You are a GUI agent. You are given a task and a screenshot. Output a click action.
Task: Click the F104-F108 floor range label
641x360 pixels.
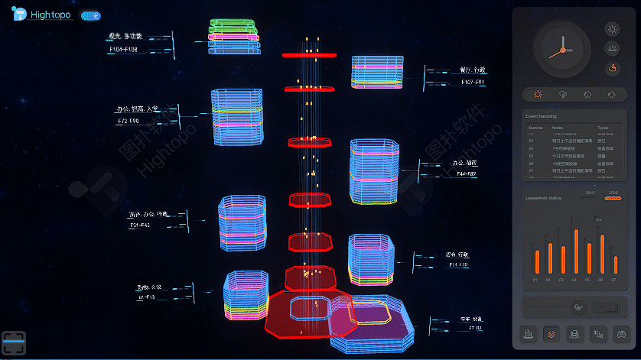point(123,50)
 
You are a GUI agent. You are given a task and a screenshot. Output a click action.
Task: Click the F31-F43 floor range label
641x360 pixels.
point(139,225)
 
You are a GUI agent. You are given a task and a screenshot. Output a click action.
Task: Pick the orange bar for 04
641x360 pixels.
point(576,251)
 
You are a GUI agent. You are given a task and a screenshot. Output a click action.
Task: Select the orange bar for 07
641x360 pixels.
point(615,264)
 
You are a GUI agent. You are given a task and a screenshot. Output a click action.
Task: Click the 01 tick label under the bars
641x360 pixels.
point(535,280)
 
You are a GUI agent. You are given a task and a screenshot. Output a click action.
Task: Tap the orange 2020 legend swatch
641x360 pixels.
point(613,198)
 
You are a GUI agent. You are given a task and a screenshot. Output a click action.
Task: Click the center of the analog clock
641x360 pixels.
point(562,50)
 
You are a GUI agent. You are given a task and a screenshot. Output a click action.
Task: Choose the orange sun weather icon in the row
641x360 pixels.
point(538,95)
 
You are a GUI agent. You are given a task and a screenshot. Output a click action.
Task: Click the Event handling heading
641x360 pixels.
point(542,116)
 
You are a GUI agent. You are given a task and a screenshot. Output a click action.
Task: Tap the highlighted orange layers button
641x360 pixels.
point(551,334)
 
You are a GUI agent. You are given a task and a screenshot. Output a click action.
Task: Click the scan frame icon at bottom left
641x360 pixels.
point(15,342)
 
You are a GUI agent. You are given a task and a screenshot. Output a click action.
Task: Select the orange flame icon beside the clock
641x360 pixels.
point(613,69)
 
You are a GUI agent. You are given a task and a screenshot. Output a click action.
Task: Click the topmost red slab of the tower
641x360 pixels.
point(310,55)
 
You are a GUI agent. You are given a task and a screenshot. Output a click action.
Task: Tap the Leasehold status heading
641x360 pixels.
point(544,197)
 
